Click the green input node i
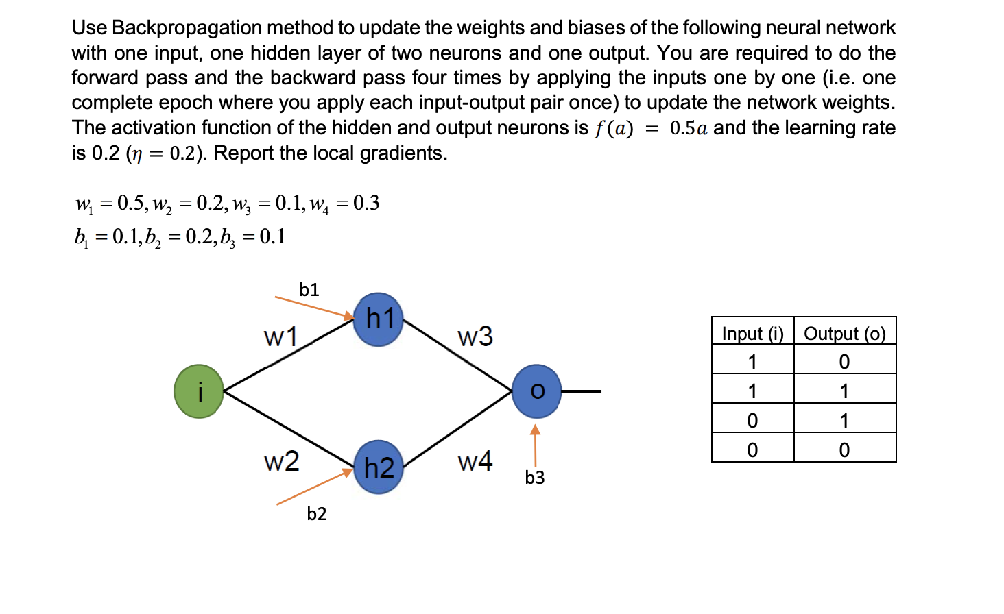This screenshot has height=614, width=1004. [199, 391]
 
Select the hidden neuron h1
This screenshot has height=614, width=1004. [379, 319]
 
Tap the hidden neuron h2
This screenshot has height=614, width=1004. [379, 467]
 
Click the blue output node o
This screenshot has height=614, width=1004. [536, 391]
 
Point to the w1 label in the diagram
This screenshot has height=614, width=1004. [280, 336]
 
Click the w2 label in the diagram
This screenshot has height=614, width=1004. [281, 461]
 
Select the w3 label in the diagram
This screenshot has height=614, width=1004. [475, 336]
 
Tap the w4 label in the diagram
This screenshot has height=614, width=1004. [475, 461]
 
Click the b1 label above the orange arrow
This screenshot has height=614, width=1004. [309, 290]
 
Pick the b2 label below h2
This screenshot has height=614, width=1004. [316, 514]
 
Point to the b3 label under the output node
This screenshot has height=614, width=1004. [535, 478]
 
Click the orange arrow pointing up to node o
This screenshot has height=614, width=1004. [536, 445]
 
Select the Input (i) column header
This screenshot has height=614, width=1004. [752, 334]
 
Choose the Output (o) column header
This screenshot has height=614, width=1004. [845, 334]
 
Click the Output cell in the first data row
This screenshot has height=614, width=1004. [845, 361]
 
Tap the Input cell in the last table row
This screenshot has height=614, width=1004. [752, 450]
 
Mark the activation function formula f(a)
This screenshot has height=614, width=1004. [614, 128]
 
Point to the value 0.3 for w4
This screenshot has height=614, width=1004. [366, 203]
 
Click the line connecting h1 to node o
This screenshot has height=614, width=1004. [458, 356]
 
